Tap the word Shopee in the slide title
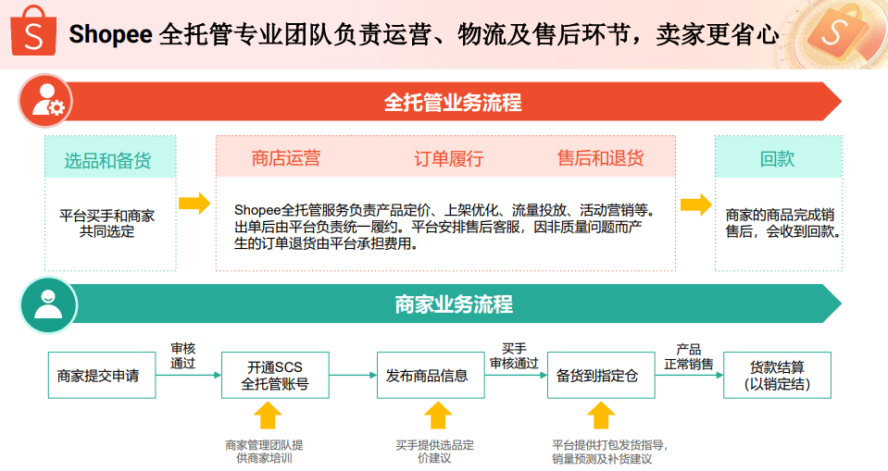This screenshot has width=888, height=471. pos(110,35)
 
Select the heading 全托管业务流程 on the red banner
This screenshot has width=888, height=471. pos(453,102)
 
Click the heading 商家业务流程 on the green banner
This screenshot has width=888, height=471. pos(453,304)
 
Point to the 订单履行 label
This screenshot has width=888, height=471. pos(448,158)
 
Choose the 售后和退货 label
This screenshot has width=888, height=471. pos(600,158)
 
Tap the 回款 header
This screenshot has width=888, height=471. pos(778,158)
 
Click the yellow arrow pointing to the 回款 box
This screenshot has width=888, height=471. pos(695,205)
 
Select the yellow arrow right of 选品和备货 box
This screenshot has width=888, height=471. pos(194,205)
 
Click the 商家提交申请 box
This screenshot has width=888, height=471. pos(98,376)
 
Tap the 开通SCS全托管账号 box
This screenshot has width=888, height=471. pos(275,376)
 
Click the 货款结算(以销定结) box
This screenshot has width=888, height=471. pos(777,376)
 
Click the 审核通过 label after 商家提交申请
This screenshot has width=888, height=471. pos(183,356)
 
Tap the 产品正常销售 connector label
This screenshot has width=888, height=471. pos(688,356)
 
